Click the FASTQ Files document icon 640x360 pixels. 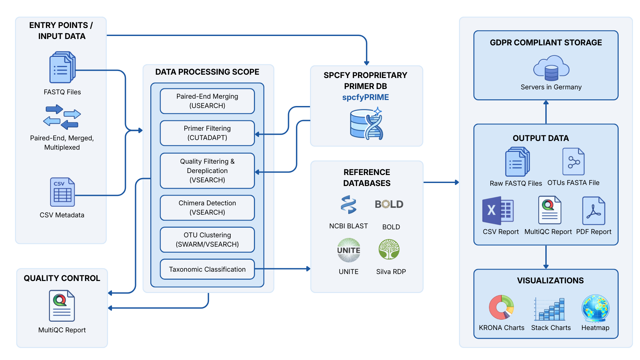pos(62,67)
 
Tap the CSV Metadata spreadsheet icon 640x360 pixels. pos(62,192)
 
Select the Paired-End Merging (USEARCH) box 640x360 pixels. pos(207,101)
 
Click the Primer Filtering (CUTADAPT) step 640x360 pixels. pos(207,133)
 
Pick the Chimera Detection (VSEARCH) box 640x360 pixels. pos(207,208)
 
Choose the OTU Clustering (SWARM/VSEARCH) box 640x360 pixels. pos(207,240)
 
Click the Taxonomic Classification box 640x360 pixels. pos(207,269)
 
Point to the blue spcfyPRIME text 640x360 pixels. pos(365,97)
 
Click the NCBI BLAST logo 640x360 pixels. pos(348,204)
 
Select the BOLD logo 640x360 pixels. pos(389,204)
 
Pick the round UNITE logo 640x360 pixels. pos(349,250)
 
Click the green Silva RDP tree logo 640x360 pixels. pos(389,249)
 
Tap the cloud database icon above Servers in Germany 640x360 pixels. pos(551,68)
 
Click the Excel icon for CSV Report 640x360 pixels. pos(498,211)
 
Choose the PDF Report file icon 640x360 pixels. pos(594,211)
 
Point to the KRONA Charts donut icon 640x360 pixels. pos(501,307)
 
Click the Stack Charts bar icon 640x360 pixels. pos(550,309)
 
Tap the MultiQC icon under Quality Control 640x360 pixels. pos(62,306)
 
